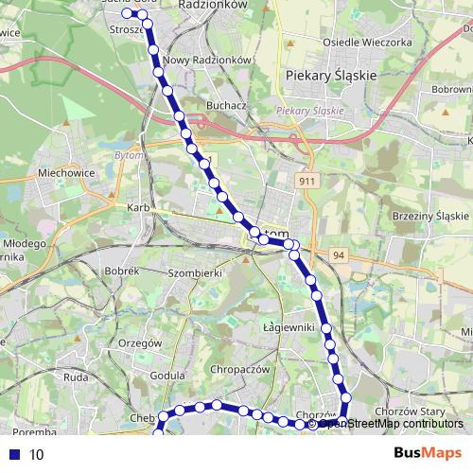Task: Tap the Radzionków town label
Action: click(213, 5)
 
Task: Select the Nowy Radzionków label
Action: click(206, 60)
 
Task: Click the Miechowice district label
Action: click(64, 173)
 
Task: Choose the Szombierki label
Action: click(194, 272)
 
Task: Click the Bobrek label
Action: click(123, 272)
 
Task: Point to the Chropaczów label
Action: click(242, 369)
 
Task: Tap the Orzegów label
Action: click(144, 342)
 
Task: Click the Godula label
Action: click(167, 375)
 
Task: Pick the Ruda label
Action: click(76, 377)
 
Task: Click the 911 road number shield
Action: click(306, 180)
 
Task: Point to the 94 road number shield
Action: click(339, 255)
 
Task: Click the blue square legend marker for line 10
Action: click(12, 454)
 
